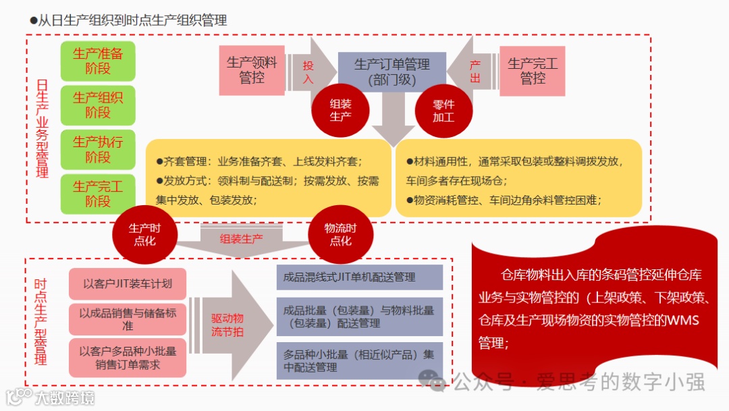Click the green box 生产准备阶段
click(98, 61)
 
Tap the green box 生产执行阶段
click(98, 150)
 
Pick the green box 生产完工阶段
click(98, 194)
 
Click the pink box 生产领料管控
click(252, 70)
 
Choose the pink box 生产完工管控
click(532, 70)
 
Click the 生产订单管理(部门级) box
click(391, 72)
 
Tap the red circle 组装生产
click(340, 110)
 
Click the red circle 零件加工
click(443, 110)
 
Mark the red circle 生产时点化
click(144, 235)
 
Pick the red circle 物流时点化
click(340, 235)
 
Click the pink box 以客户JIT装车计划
click(128, 283)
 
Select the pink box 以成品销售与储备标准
click(128, 319)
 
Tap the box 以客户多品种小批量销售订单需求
click(128, 358)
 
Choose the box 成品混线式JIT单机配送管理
click(359, 277)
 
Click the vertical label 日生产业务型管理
click(43, 128)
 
